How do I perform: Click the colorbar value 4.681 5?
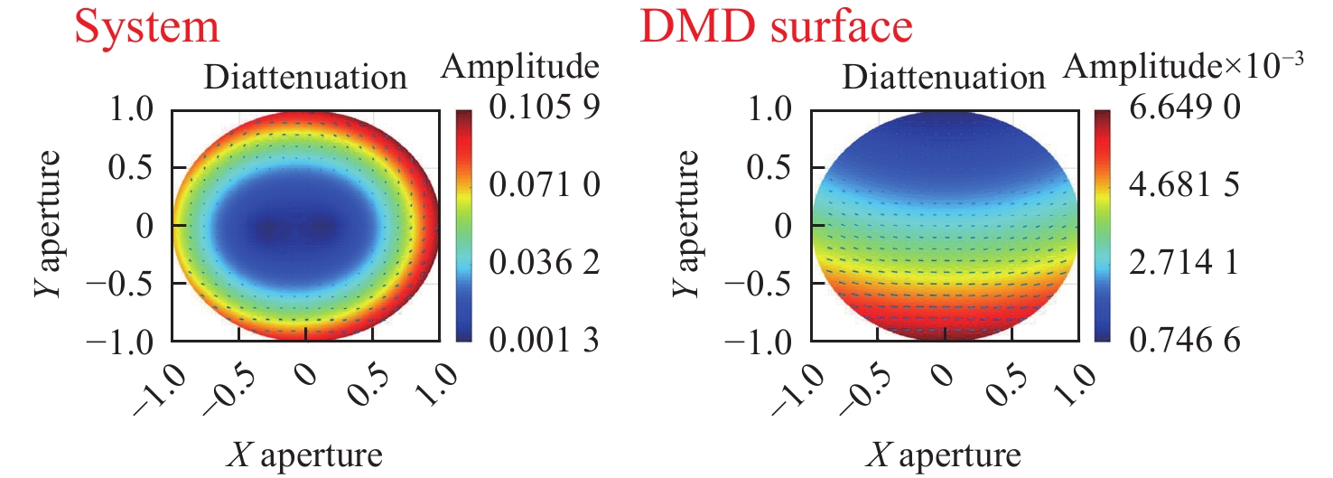pos(1183,188)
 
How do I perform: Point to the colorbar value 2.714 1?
pos(1183,265)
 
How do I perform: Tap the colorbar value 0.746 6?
pos(1183,341)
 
